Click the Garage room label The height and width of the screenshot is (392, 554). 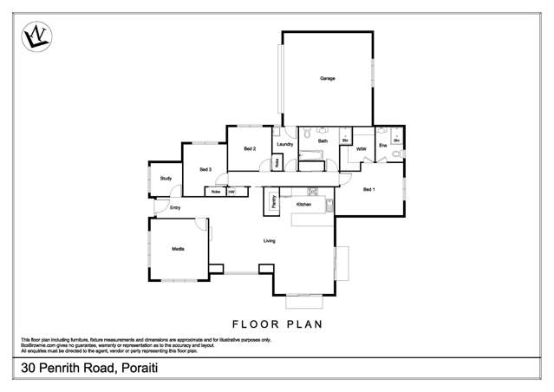(327, 79)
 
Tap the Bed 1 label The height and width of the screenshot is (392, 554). (368, 189)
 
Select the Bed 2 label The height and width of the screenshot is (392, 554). (249, 149)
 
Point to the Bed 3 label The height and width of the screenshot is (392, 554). (205, 169)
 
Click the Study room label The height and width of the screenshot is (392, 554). (166, 179)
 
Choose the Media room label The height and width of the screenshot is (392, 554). (178, 249)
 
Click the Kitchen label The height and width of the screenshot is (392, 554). (303, 204)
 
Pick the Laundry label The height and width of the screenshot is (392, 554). (285, 144)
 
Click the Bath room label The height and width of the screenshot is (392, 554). (323, 140)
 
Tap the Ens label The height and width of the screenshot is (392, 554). (382, 146)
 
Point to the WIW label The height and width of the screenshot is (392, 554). (362, 149)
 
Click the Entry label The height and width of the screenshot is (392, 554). (175, 208)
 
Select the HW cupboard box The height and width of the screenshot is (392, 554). (231, 192)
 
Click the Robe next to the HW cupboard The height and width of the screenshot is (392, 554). (215, 192)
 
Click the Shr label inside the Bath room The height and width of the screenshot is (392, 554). (345, 140)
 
